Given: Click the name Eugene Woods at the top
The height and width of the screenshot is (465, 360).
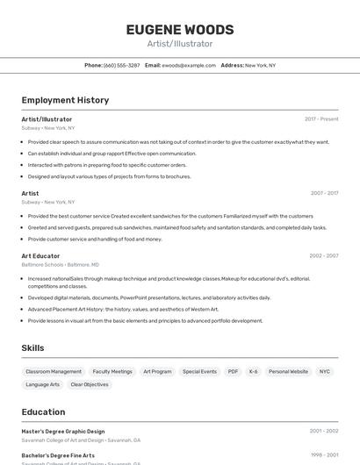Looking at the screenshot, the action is (x=180, y=29).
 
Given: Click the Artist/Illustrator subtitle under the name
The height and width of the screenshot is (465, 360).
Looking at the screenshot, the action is (x=180, y=44).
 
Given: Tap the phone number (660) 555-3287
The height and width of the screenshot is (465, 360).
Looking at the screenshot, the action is (x=121, y=65).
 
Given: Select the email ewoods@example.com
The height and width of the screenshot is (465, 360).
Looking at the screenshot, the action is (x=189, y=65).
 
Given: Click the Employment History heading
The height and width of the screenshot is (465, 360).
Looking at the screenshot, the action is (x=65, y=100).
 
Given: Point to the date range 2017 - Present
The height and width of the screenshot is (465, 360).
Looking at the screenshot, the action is (x=321, y=118).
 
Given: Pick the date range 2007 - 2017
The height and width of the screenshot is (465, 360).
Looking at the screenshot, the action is (x=324, y=193).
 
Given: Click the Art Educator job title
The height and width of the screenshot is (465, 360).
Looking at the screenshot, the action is (x=40, y=255).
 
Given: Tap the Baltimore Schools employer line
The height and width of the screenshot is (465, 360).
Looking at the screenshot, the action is (x=60, y=264).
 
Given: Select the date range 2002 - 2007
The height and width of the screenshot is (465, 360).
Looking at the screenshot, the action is (x=323, y=255).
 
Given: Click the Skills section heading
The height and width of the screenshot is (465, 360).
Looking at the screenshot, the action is (x=32, y=348).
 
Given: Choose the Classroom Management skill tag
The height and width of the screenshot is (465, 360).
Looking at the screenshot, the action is (x=54, y=371).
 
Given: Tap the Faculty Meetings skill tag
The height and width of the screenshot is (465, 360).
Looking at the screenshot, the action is (x=112, y=371).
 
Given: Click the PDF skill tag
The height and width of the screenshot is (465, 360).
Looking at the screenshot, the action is (x=233, y=371).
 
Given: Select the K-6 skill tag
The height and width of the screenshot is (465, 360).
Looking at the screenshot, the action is (x=254, y=371).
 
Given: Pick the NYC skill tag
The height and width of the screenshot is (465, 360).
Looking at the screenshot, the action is (x=325, y=371).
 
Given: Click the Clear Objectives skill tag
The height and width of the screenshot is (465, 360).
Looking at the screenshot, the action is (x=90, y=384).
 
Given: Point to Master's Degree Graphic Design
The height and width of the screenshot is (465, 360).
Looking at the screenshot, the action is (x=63, y=431).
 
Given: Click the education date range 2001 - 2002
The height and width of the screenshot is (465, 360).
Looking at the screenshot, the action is (x=323, y=431).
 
